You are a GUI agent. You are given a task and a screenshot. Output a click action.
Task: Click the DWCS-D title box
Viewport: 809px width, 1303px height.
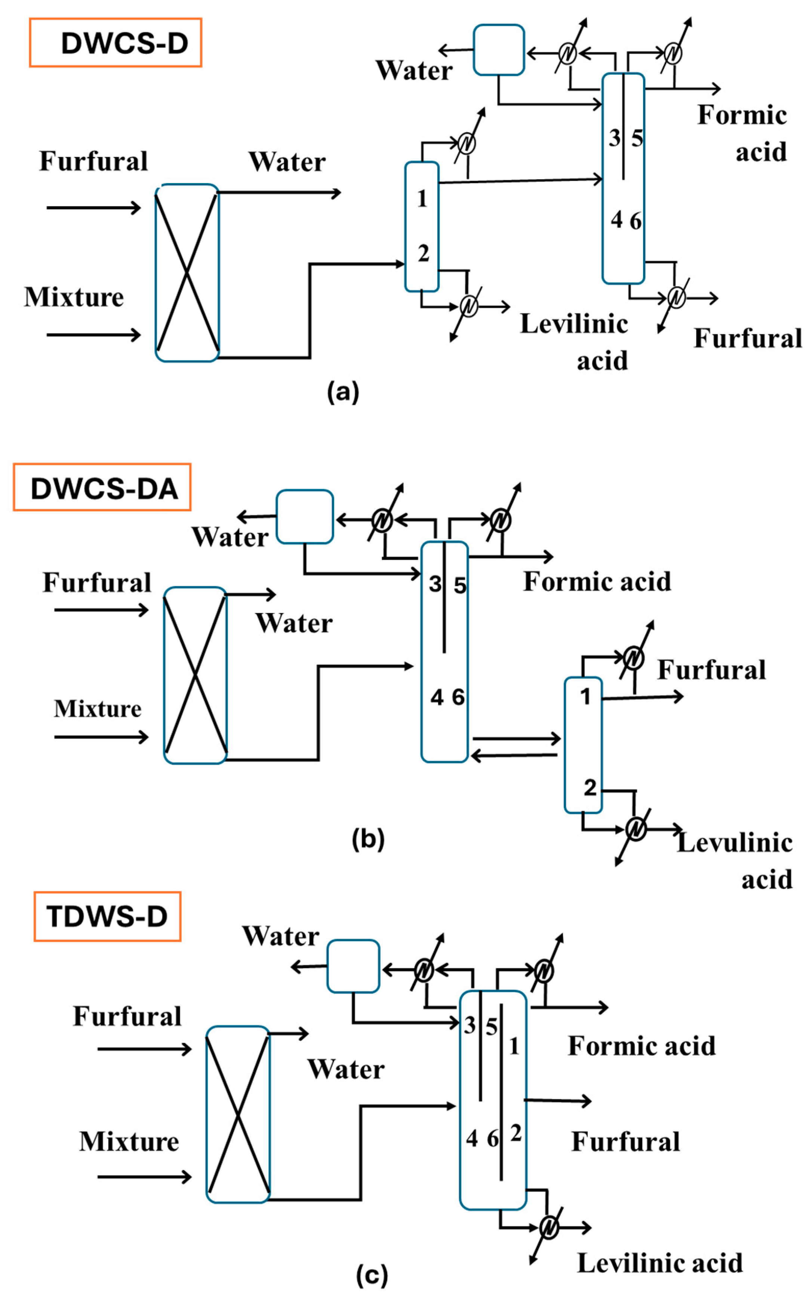(x=115, y=43)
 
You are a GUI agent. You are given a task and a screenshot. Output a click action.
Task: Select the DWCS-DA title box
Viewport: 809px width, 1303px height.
(x=102, y=488)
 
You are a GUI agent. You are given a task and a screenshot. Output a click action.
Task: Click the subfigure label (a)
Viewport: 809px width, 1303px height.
(x=343, y=392)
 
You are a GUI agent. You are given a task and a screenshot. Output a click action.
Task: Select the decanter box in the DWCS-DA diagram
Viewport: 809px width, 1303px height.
(x=304, y=517)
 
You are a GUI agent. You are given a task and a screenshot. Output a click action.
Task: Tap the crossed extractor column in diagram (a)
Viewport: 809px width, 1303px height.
(x=187, y=273)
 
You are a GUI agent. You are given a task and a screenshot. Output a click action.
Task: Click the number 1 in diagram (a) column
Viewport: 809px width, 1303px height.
(x=422, y=199)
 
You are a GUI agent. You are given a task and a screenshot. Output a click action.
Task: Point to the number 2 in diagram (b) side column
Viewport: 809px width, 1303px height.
(x=590, y=787)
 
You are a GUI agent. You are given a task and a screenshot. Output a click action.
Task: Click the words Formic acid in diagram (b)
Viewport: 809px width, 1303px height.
(x=597, y=582)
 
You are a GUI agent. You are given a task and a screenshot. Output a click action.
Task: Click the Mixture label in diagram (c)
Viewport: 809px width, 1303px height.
(x=129, y=1142)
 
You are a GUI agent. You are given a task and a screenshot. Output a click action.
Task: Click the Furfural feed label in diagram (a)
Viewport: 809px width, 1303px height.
(x=93, y=161)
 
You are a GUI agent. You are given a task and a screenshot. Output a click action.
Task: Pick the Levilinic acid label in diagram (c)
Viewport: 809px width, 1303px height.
(x=659, y=1263)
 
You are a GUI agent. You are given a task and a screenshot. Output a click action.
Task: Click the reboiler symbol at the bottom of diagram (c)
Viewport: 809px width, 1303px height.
(x=549, y=1228)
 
